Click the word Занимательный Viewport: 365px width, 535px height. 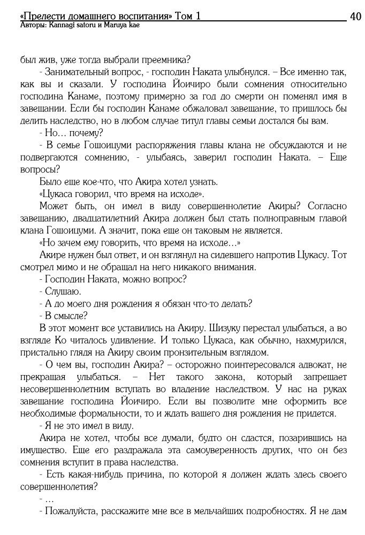(x=74, y=72)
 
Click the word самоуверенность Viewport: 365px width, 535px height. (x=191, y=450)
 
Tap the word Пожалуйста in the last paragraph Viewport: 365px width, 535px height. (x=72, y=511)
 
